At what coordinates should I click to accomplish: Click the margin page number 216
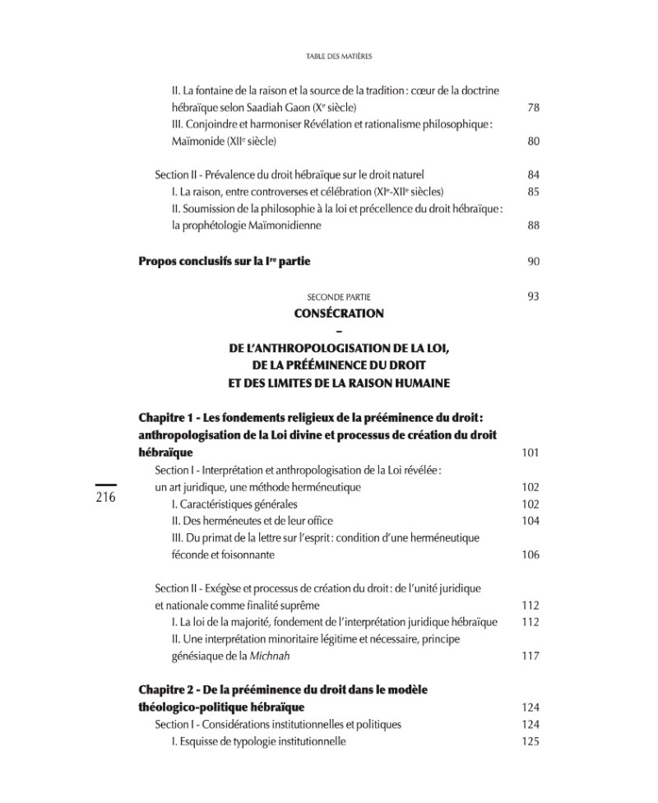point(108,499)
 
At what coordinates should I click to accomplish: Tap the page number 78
point(533,108)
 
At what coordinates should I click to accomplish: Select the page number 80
point(533,142)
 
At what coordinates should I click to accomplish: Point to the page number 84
point(533,175)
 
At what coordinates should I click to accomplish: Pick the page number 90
point(533,262)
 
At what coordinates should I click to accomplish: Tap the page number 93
point(533,296)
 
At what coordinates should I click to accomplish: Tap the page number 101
point(531,453)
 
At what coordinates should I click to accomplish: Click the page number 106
point(531,555)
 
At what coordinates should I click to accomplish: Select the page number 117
point(531,656)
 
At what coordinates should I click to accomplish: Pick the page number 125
point(531,741)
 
